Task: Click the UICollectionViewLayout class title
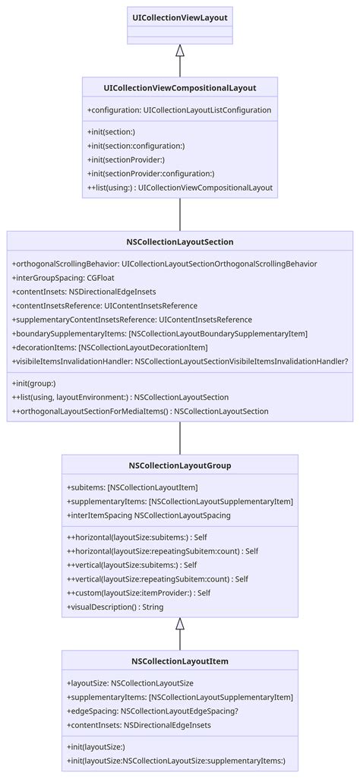(x=180, y=17)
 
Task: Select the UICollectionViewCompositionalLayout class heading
(x=180, y=88)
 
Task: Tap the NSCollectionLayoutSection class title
(x=180, y=242)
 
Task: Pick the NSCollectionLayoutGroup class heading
(x=180, y=465)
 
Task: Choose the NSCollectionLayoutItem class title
(x=180, y=661)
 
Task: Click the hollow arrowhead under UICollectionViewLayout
(x=180, y=52)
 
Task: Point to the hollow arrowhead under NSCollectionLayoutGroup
(x=180, y=624)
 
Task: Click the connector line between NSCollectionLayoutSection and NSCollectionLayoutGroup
(x=180, y=437)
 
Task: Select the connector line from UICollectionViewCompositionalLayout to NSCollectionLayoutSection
(x=180, y=214)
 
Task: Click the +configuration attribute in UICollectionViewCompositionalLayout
(x=179, y=110)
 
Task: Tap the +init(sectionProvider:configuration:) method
(x=150, y=173)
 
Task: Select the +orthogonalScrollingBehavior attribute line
(x=164, y=263)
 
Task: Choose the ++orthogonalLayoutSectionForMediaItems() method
(x=140, y=411)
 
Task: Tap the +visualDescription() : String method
(x=115, y=607)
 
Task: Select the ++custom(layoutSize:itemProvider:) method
(x=138, y=593)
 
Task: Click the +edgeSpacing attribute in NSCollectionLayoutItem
(x=153, y=711)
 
